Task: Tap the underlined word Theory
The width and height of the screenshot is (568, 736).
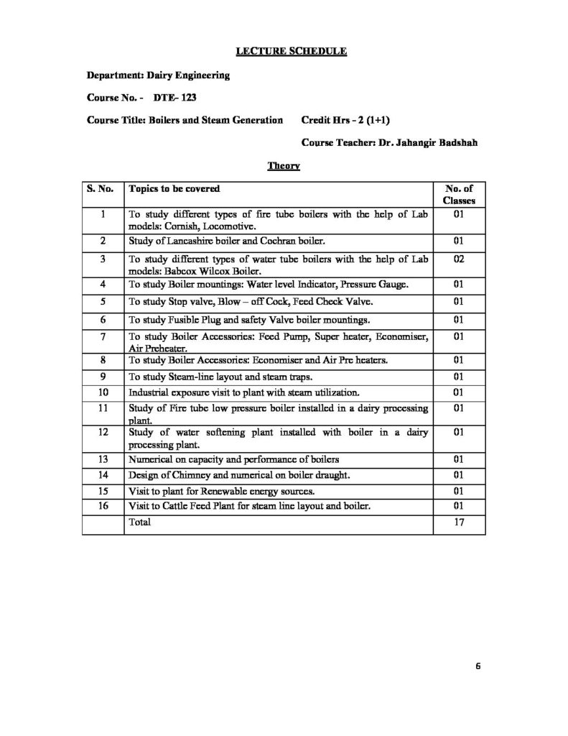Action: pyautogui.click(x=283, y=166)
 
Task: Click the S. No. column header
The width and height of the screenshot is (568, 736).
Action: pyautogui.click(x=101, y=189)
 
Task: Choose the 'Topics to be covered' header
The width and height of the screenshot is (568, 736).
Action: pyautogui.click(x=174, y=189)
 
